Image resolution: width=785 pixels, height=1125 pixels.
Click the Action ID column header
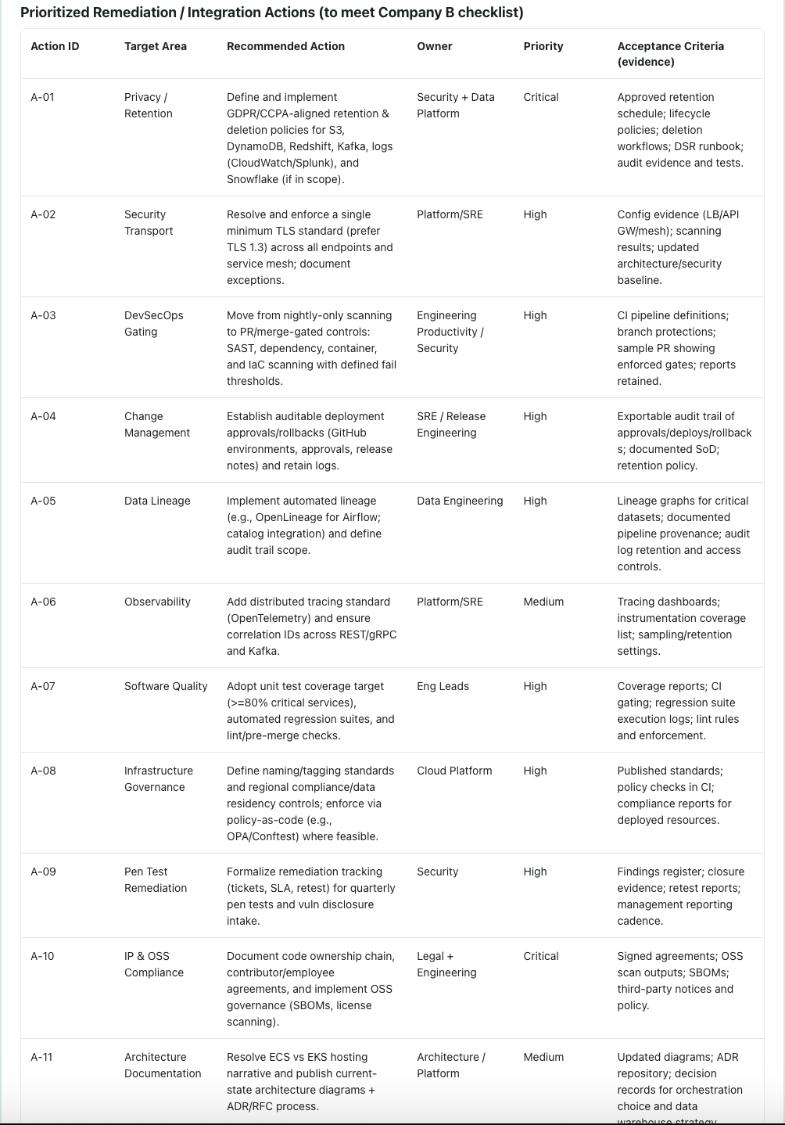tap(55, 46)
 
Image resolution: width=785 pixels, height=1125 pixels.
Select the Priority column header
tap(543, 46)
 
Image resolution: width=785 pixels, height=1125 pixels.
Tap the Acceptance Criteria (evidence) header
tap(670, 54)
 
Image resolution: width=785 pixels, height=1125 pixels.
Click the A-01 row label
tap(43, 97)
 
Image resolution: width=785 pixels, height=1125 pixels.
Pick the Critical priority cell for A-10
tap(541, 956)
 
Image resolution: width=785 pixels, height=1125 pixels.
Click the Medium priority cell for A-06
tap(543, 602)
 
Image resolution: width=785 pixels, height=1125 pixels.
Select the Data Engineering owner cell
tap(460, 501)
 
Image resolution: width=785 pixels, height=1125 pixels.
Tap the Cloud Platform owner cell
tap(454, 771)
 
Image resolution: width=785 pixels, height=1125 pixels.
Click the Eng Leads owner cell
tap(443, 686)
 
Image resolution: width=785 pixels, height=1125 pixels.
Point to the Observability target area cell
tap(157, 602)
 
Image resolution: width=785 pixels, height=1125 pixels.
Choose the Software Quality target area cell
tap(166, 686)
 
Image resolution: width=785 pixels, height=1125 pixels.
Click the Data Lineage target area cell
tap(157, 501)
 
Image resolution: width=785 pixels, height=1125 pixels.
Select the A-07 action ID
tap(43, 686)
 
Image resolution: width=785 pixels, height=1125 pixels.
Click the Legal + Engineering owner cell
tap(446, 964)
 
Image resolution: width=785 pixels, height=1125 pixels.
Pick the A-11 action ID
tap(42, 1057)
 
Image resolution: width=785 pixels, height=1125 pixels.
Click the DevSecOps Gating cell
tap(154, 323)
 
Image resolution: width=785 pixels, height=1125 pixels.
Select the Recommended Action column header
tap(285, 46)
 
